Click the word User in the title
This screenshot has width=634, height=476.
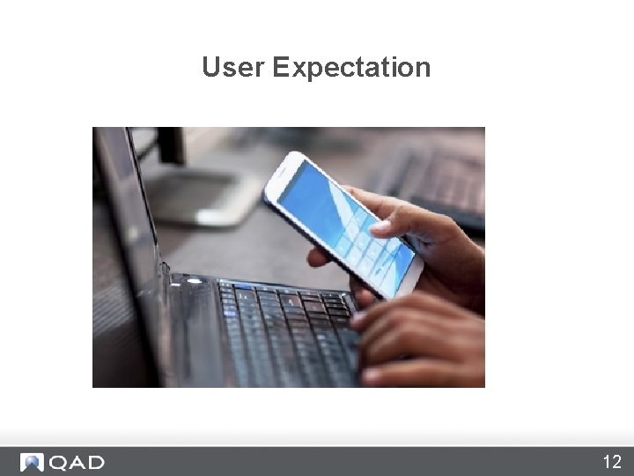[x=233, y=67]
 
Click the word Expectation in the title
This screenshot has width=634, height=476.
[x=351, y=68]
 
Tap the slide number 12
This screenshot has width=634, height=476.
[x=612, y=462]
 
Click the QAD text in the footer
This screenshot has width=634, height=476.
[x=77, y=463]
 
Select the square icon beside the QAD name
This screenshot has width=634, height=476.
[x=32, y=463]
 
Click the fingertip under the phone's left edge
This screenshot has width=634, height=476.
[x=318, y=257]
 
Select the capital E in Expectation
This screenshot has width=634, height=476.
[x=280, y=67]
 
